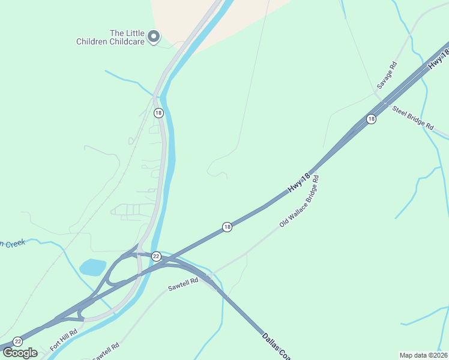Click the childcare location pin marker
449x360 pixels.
coord(154,37)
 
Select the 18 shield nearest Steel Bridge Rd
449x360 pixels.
coord(372,119)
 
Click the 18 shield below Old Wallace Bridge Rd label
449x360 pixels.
coord(227,227)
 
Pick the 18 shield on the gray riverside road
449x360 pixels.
coord(158,112)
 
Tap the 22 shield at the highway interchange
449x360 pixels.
coord(156,256)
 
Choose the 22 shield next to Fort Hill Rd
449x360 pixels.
coord(17,341)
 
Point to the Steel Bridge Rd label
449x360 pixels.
coord(412,118)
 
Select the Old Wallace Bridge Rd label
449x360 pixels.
coord(299,201)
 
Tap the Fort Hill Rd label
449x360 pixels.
coord(64,340)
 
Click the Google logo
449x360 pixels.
coord(20,353)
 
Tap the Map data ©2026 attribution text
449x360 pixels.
coord(423,355)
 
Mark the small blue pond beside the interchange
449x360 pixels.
coord(92,267)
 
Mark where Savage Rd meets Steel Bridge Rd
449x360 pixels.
coord(378,94)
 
